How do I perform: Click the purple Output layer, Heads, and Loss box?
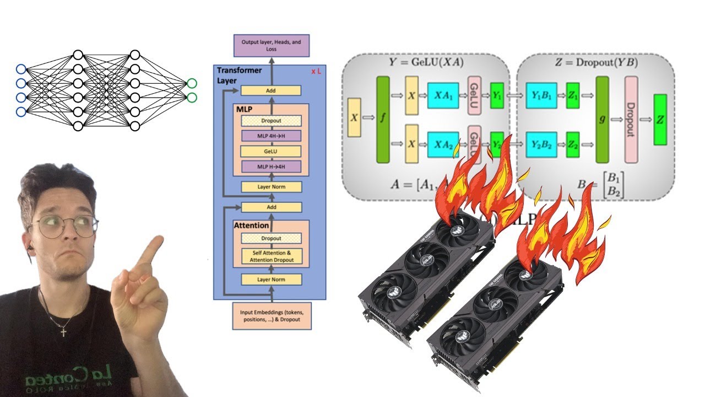coord(272,45)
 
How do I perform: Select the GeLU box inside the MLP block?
coord(271,151)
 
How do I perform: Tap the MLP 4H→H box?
coord(271,136)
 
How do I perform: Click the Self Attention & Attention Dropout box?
coord(271,256)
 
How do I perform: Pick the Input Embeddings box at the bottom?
coord(272,315)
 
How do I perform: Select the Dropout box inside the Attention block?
coord(271,238)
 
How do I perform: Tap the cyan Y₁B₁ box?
coord(541,96)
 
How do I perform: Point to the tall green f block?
coord(383,119)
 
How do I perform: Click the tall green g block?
coord(602,119)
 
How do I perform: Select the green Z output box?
coord(660,119)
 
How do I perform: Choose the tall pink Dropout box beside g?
coord(631,119)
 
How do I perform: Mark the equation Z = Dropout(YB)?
coord(596,62)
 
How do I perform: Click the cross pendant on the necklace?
coord(63,332)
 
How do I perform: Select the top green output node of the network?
coord(191,83)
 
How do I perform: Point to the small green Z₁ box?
coord(573,96)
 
